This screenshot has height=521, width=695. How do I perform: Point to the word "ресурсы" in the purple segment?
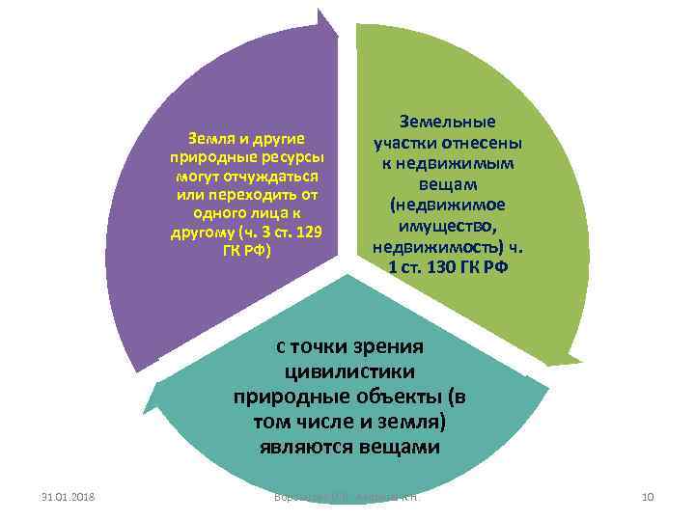[x=292, y=158]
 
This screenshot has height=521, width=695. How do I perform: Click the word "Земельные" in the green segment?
[x=447, y=123]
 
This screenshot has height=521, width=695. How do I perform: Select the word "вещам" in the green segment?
[x=447, y=184]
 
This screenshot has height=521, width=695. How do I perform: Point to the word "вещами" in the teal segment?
[x=399, y=448]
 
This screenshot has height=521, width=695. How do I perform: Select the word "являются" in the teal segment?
[x=302, y=448]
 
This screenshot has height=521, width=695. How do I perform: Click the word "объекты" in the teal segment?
[x=399, y=397]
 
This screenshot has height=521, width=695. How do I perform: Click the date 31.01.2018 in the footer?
[x=68, y=497]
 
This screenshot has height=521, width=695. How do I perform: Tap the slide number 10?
[x=648, y=497]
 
